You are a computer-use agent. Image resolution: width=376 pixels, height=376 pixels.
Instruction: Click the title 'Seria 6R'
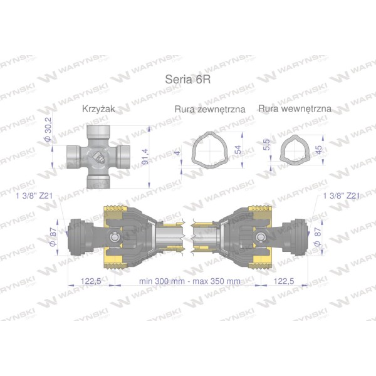pyautogui.click(x=188, y=80)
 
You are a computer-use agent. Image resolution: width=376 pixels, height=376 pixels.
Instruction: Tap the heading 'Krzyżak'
pyautogui.click(x=98, y=109)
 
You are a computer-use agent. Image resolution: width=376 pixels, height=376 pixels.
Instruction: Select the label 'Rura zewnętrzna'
pyautogui.click(x=210, y=109)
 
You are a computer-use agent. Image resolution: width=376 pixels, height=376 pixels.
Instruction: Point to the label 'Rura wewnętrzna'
pyautogui.click(x=295, y=108)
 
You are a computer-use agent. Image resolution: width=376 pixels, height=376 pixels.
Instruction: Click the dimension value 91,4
pyautogui.click(x=145, y=157)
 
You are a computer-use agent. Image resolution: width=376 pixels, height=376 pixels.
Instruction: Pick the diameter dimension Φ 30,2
pyautogui.click(x=48, y=129)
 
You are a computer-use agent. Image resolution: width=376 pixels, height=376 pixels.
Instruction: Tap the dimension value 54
pyautogui.click(x=238, y=150)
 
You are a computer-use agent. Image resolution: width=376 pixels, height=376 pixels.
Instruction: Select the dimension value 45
pyautogui.click(x=319, y=150)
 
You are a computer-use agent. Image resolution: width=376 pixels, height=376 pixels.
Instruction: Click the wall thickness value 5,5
pyautogui.click(x=266, y=144)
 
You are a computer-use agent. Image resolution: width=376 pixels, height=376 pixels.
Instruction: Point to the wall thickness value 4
pyautogui.click(x=177, y=153)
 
